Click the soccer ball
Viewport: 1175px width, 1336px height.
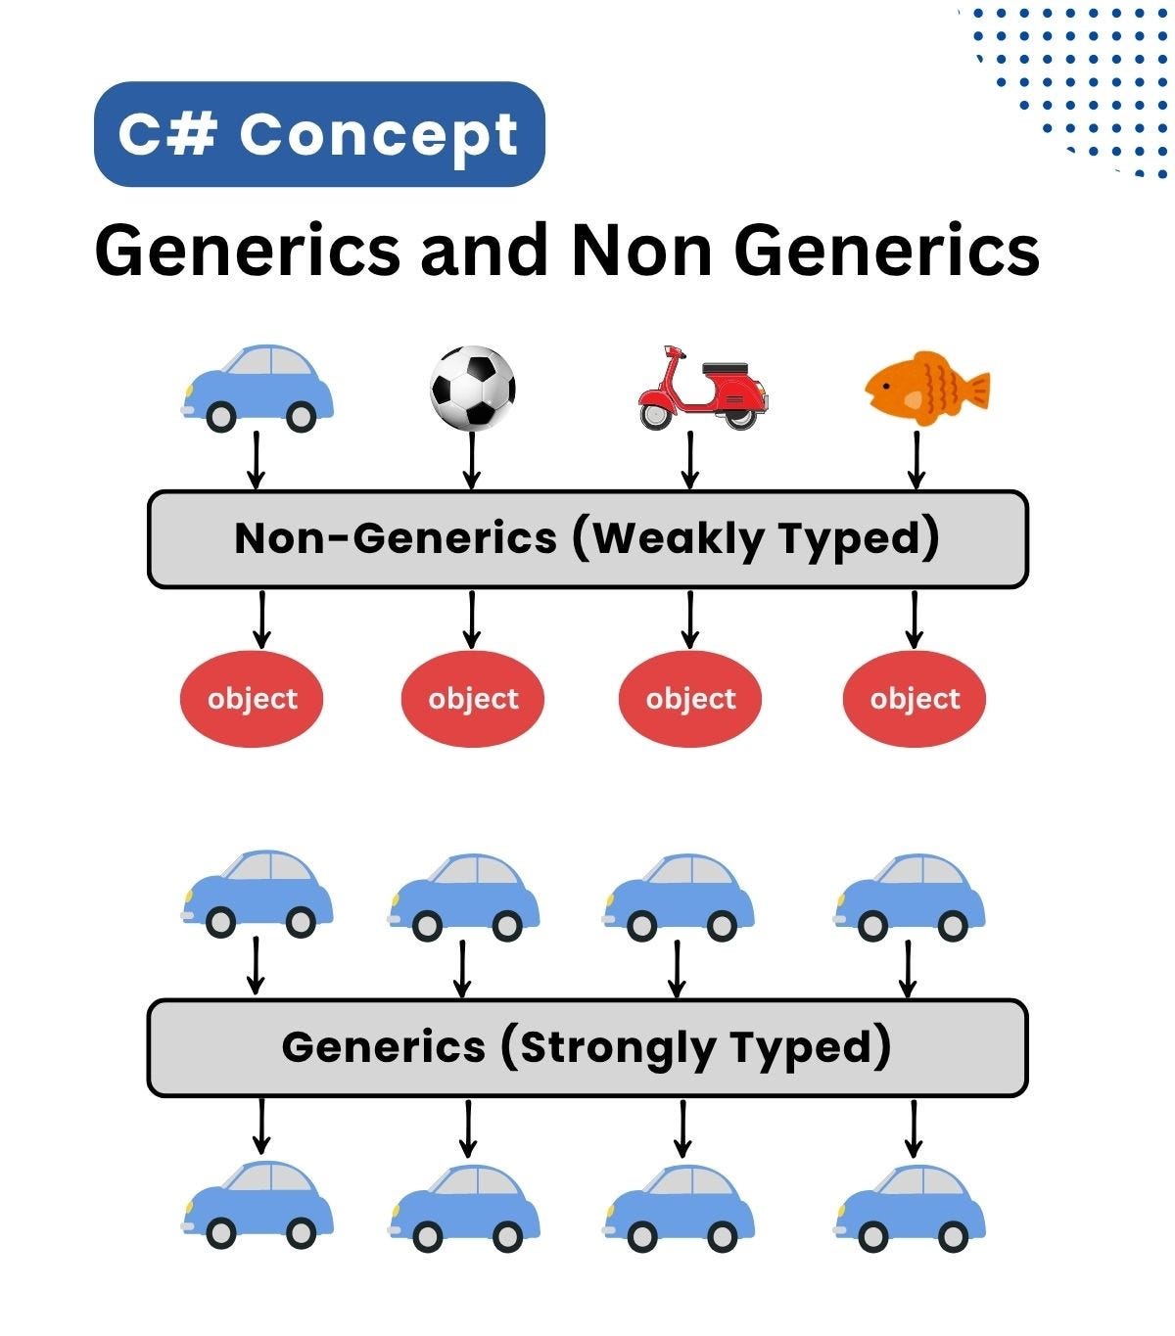[x=473, y=388]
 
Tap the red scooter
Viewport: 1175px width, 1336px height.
[x=701, y=389]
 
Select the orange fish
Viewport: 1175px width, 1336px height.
[x=925, y=389]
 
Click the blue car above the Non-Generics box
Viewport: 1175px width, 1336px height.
[x=258, y=388]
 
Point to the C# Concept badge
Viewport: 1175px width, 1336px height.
[x=319, y=134]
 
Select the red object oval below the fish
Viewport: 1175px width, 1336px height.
[x=915, y=699]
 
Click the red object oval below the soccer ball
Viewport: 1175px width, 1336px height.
[x=473, y=699]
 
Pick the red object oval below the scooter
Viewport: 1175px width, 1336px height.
[x=690, y=699]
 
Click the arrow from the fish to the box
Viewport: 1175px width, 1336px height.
[x=916, y=459]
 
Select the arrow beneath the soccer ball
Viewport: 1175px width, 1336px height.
[x=472, y=459]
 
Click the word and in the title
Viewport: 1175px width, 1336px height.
[x=484, y=251]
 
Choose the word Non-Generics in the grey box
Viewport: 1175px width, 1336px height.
[x=396, y=538]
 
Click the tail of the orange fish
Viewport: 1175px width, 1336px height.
[x=972, y=390]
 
